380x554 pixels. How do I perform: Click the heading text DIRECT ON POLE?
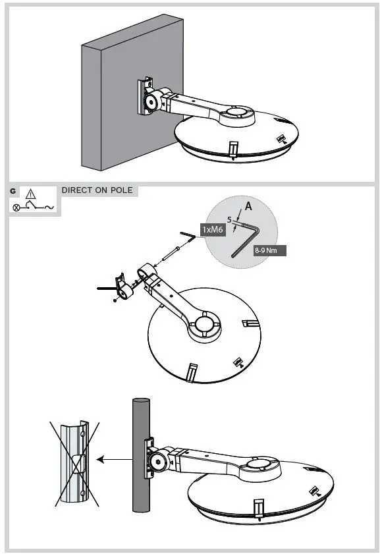pos(97,190)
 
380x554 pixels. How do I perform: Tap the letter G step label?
pos(13,191)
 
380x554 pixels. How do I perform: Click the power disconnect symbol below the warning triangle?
pos(32,207)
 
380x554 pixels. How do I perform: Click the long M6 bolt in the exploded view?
pos(170,254)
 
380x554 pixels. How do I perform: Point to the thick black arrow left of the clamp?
pos(105,288)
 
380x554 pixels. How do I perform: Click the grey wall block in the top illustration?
pos(125,99)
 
